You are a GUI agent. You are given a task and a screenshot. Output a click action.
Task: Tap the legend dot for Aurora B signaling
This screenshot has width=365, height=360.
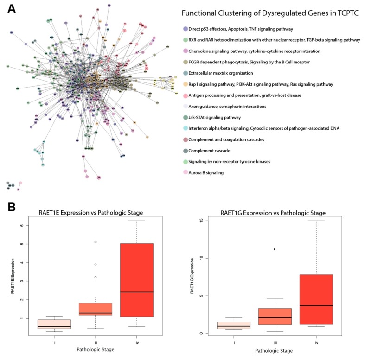(186, 172)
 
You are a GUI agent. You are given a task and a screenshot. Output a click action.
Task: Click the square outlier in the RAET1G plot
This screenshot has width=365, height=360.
(275, 249)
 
